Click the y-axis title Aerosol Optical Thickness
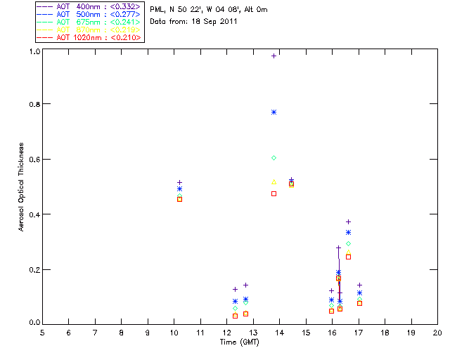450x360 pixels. click(22, 186)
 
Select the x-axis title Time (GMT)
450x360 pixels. click(239, 342)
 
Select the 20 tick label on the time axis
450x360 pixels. click(437, 332)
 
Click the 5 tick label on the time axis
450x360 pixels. click(42, 332)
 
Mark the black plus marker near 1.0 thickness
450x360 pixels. click(274, 56)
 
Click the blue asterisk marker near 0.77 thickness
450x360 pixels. click(274, 112)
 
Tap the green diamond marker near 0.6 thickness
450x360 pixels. click(274, 158)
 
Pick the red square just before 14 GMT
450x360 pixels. click(274, 193)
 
